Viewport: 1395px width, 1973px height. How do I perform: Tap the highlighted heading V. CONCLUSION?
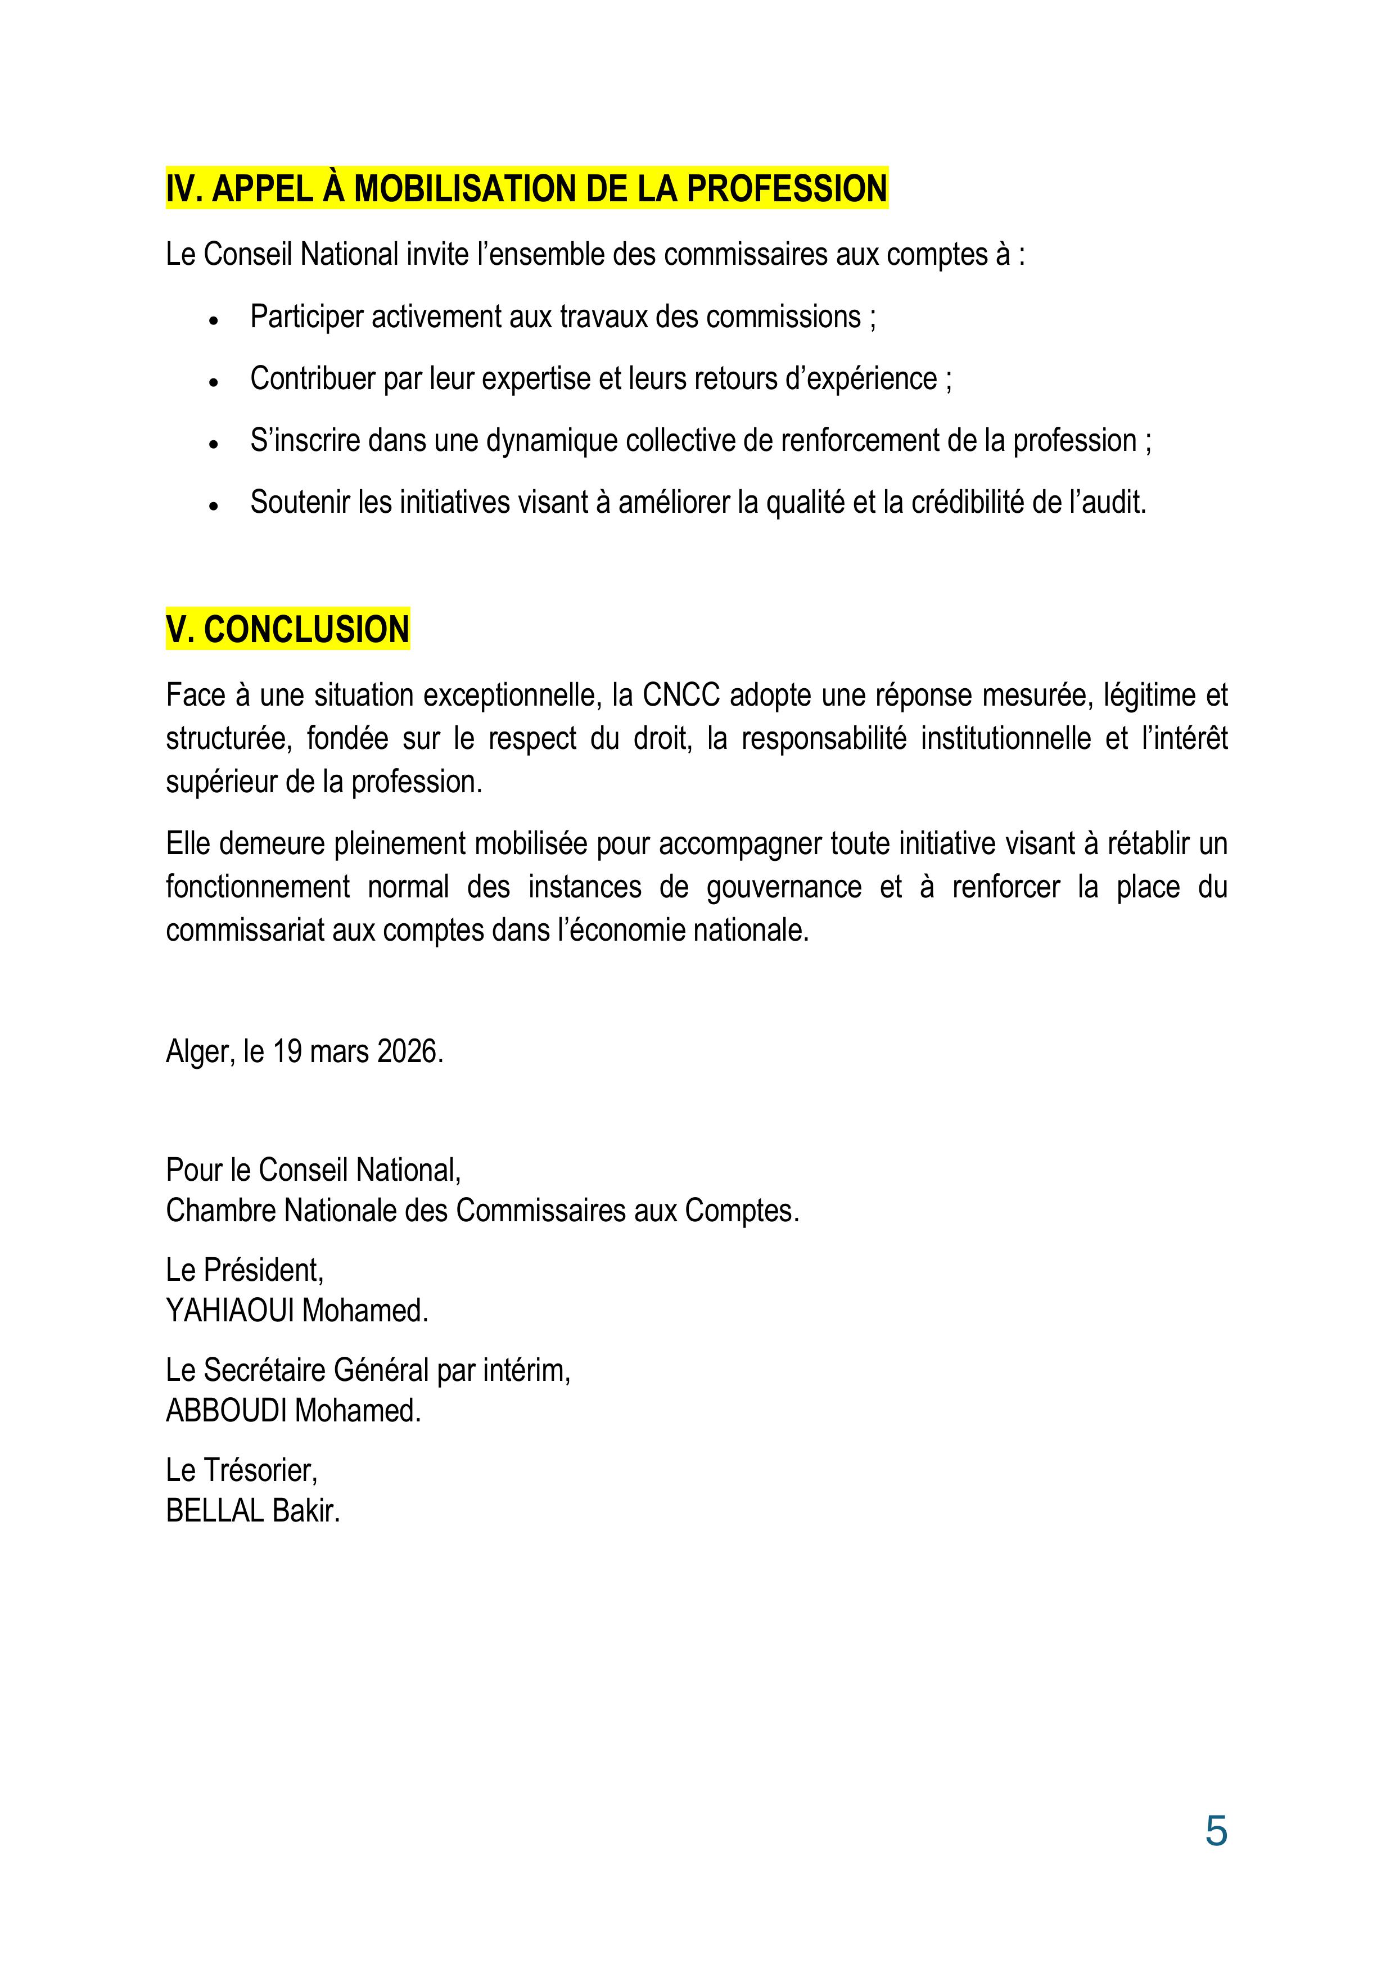click(x=287, y=630)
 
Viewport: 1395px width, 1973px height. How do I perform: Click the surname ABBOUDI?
click(x=226, y=1410)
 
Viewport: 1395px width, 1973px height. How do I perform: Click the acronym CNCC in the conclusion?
click(x=681, y=694)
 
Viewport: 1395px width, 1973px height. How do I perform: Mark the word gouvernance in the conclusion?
click(x=783, y=887)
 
